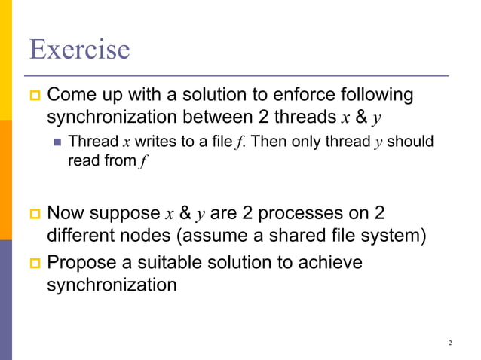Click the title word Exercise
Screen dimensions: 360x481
(x=79, y=50)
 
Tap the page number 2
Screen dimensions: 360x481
(x=450, y=343)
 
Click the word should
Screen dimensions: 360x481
(x=410, y=142)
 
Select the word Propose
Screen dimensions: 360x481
(x=81, y=263)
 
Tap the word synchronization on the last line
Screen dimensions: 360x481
(x=112, y=285)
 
